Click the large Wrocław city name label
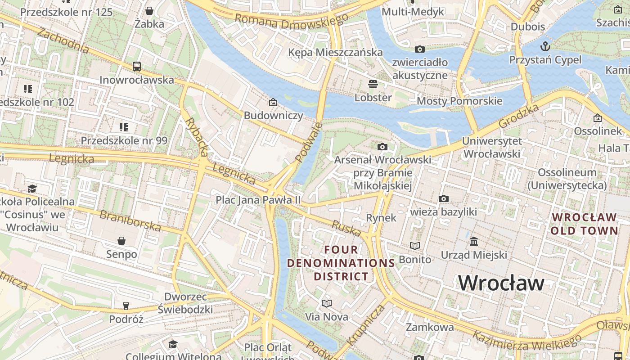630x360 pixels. pyautogui.click(x=501, y=283)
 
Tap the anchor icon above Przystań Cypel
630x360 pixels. pyautogui.click(x=545, y=46)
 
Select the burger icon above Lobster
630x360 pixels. pyautogui.click(x=373, y=84)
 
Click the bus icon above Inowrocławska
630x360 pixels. pyautogui.click(x=137, y=67)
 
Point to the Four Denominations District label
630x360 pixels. pyautogui.click(x=341, y=263)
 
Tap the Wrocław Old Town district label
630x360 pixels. pyautogui.click(x=584, y=224)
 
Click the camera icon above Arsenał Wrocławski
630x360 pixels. pyautogui.click(x=382, y=147)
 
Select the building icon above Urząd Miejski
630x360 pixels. pyautogui.click(x=474, y=242)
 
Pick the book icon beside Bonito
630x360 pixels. pyautogui.click(x=414, y=246)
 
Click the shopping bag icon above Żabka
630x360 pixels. pyautogui.click(x=149, y=10)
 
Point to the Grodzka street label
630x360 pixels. pyautogui.click(x=519, y=116)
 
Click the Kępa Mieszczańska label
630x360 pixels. pyautogui.click(x=335, y=52)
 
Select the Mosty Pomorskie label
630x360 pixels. pyautogui.click(x=459, y=101)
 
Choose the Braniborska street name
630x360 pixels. pyautogui.click(x=130, y=220)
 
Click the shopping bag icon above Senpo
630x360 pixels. pyautogui.click(x=121, y=241)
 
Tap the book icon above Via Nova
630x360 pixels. pyautogui.click(x=327, y=303)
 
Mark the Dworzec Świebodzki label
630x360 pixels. pyautogui.click(x=185, y=303)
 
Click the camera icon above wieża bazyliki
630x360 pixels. pyautogui.click(x=443, y=198)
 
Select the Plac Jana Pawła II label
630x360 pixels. pyautogui.click(x=258, y=200)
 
